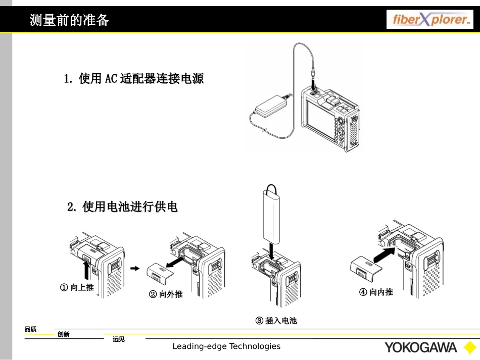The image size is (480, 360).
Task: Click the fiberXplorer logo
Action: (430, 20)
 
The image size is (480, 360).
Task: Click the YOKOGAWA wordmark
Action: (420, 347)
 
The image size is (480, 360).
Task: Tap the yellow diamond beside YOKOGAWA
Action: (467, 348)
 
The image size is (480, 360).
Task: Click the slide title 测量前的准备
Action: (69, 21)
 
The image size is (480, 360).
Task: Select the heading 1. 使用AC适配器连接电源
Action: (133, 79)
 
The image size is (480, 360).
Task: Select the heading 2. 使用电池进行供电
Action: (123, 207)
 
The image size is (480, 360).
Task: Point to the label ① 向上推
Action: (77, 287)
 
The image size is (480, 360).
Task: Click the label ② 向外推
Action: (165, 294)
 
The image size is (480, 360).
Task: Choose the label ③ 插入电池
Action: (276, 321)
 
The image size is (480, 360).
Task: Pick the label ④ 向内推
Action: (376, 292)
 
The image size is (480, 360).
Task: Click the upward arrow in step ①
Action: (86, 271)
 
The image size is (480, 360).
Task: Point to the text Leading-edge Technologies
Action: (226, 346)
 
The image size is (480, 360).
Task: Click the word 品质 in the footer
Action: (30, 329)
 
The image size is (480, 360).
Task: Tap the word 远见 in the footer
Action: (118, 339)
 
